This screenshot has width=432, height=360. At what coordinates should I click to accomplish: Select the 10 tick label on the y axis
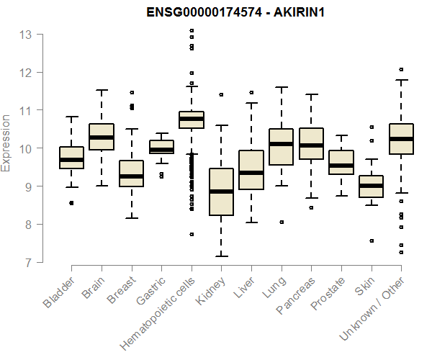(x=26, y=149)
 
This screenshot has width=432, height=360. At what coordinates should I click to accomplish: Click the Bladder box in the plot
(x=71, y=158)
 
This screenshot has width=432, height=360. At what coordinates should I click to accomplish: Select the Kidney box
(x=221, y=192)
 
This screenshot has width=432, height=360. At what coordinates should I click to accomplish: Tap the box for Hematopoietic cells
(x=192, y=120)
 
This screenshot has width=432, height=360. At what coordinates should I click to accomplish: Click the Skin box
(x=372, y=186)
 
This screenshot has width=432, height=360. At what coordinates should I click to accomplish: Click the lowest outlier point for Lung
(x=282, y=222)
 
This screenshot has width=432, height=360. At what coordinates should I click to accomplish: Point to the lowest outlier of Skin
(x=372, y=241)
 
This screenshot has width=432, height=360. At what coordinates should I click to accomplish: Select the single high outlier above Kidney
(x=221, y=94)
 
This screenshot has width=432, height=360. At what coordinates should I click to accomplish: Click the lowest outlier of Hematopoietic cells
(x=192, y=234)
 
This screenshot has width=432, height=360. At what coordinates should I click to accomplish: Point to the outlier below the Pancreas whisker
(x=311, y=207)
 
